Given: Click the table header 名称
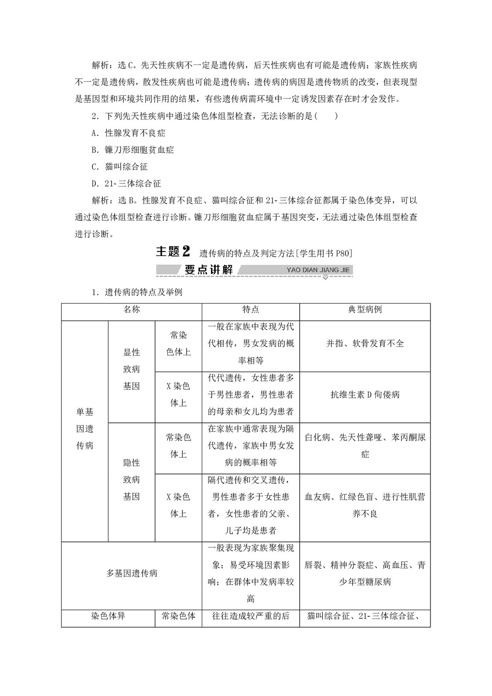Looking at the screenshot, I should [131, 310].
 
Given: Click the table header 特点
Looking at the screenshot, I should [250, 310].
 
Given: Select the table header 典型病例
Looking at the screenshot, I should [365, 310].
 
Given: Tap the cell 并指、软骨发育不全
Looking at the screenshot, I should [365, 344].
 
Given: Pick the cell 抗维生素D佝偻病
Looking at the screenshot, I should [365, 395].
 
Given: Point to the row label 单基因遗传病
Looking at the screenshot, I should [85, 429].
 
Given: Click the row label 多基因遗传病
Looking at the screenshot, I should [132, 573].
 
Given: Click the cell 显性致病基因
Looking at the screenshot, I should [131, 369].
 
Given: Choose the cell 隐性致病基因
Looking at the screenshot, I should [131, 480].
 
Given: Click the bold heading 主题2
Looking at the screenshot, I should [173, 252].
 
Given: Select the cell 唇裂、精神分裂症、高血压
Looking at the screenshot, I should [365, 573].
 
